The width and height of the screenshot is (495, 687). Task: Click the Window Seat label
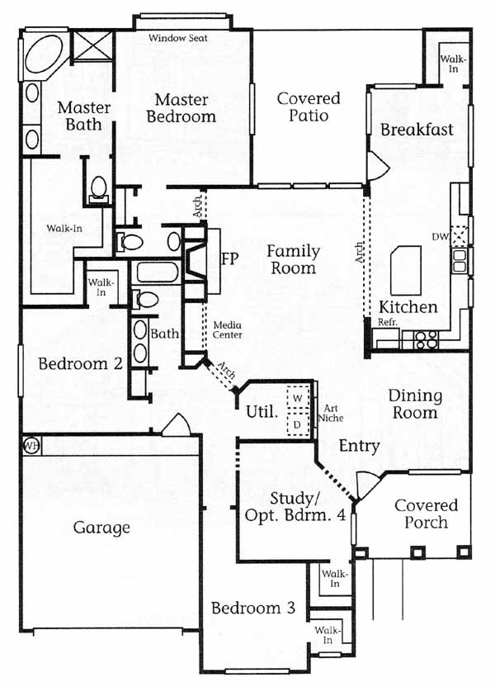click(177, 38)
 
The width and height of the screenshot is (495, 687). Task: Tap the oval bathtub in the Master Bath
click(44, 54)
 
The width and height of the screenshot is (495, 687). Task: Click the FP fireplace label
click(230, 258)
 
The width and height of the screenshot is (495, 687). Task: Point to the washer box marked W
click(298, 398)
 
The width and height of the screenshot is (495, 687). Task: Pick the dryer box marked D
click(298, 424)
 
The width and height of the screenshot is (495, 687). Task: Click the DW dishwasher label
click(441, 237)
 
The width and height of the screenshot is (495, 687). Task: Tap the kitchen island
click(406, 270)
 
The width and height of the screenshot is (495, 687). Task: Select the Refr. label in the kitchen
click(387, 322)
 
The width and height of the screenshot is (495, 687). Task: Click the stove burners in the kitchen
click(427, 340)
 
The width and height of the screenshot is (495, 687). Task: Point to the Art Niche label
click(331, 413)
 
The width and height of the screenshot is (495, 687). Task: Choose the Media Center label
click(227, 330)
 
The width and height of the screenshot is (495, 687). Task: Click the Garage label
click(101, 528)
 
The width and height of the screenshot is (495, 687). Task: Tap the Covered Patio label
click(309, 107)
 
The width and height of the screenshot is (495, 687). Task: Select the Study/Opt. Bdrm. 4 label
click(295, 506)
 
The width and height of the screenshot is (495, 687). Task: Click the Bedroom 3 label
click(253, 608)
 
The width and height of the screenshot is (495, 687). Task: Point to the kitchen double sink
click(460, 261)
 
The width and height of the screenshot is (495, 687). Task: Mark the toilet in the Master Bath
click(98, 189)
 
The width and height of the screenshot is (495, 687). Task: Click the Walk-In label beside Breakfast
click(453, 64)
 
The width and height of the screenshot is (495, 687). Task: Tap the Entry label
click(360, 446)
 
